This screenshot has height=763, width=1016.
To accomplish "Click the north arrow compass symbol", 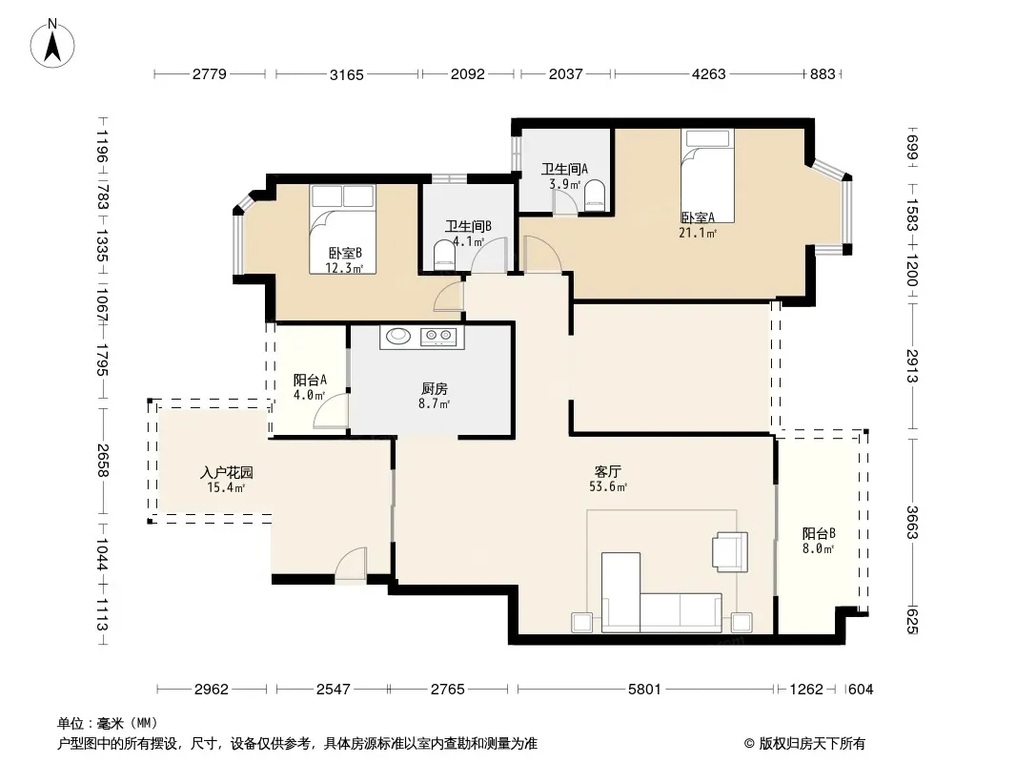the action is pos(52,44).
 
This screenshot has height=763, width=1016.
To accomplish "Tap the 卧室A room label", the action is pos(698,217).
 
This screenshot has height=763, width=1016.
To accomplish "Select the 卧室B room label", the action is pos(345,253).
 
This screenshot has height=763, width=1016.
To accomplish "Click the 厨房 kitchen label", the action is pos(434,388).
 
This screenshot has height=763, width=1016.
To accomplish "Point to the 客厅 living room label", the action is pos(608,471).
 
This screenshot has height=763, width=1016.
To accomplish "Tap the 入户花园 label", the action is pos(226,472).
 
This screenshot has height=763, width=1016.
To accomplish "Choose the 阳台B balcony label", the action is pos(819,533).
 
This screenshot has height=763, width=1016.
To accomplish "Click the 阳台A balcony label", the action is pos(310,380).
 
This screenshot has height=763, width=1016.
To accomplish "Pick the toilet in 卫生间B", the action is pos(444,254).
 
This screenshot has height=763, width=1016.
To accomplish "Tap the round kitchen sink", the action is pos(398,335).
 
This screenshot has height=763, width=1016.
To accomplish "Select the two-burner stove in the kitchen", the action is pos(437,336).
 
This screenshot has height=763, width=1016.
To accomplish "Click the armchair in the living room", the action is pos(730,551).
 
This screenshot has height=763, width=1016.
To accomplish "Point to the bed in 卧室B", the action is pos(342,229).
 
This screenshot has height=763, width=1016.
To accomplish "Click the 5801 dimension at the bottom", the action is pos(644,690).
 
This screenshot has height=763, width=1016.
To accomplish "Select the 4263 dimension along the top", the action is pos(708,73).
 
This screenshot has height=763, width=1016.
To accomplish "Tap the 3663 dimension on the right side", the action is pos(911,522).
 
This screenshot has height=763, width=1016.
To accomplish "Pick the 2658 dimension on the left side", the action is pos(102,461).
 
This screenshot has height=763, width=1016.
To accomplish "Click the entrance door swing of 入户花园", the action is pos(351,563).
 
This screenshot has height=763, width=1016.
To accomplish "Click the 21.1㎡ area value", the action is pos(698,233).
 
